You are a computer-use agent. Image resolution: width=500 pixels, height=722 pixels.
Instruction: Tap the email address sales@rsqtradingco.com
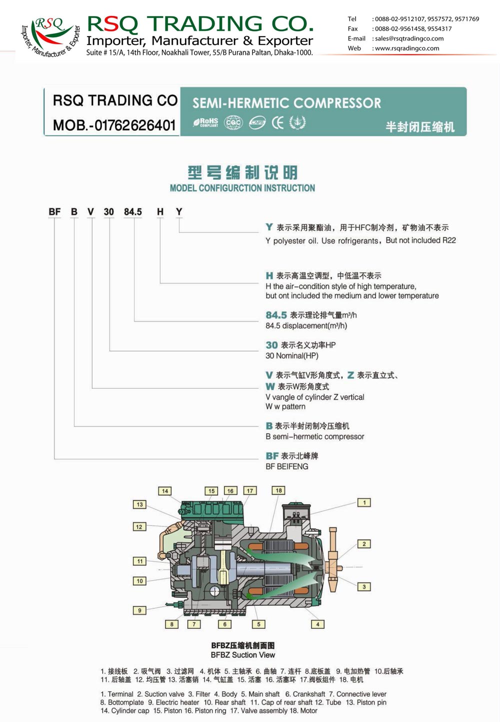pos(409,38)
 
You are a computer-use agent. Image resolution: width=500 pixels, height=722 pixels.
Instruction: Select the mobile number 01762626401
pos(135,125)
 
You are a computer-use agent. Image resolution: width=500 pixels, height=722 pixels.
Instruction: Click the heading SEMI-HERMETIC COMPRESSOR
pos(286,103)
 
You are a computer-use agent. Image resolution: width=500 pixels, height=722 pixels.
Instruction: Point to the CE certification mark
pos(277,123)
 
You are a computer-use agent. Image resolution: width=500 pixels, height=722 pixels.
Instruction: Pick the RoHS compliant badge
pos(205,122)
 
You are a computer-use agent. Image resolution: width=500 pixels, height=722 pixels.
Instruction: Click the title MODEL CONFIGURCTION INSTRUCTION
pos(242,188)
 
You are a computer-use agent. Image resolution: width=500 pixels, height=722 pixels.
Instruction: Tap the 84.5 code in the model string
pos(133,212)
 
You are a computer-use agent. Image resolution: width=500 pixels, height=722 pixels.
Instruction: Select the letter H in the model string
pos(160,212)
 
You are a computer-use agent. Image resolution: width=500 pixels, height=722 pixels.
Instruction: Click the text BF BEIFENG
pos(286,466)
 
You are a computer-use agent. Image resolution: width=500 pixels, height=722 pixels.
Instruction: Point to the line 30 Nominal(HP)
pos(291,355)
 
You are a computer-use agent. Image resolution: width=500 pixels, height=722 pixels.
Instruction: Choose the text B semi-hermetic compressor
pos(314,436)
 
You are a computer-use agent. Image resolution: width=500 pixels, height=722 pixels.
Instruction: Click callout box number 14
pos(164,491)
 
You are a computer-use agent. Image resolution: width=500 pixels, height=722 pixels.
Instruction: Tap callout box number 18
pos(278,490)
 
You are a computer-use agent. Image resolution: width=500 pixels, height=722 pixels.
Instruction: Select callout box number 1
pos(364,502)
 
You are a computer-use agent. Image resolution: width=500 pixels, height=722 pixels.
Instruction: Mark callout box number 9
pos(139,610)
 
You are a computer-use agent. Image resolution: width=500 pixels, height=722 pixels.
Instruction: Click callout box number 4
pos(317,624)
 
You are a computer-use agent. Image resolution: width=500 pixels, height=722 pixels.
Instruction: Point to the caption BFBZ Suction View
pos(242,655)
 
